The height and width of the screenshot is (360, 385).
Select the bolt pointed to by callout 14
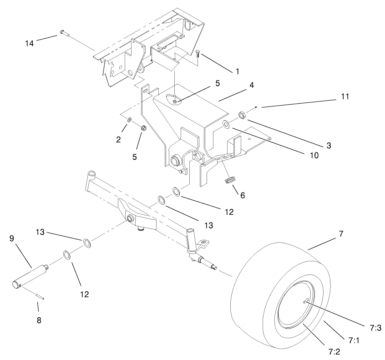(63, 32)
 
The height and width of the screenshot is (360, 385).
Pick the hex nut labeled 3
(242, 114)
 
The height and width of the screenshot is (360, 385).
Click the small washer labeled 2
(130, 120)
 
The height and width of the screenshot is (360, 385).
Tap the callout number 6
(242, 195)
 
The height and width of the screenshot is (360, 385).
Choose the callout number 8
(39, 320)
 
